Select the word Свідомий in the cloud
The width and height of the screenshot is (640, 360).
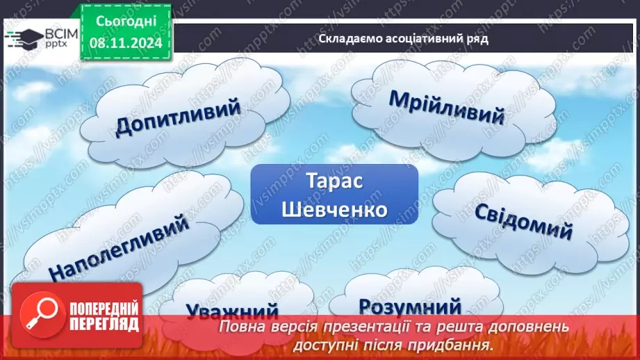(x=523, y=222)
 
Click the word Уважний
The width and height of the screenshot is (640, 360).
(x=231, y=311)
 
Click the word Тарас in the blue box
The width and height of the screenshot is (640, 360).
(x=334, y=182)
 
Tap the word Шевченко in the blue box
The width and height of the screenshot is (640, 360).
(x=334, y=209)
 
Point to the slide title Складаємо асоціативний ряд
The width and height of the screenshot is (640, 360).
(x=403, y=39)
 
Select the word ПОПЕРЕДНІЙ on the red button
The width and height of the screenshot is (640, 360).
(x=104, y=309)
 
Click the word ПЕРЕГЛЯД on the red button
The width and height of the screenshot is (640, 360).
(x=104, y=324)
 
